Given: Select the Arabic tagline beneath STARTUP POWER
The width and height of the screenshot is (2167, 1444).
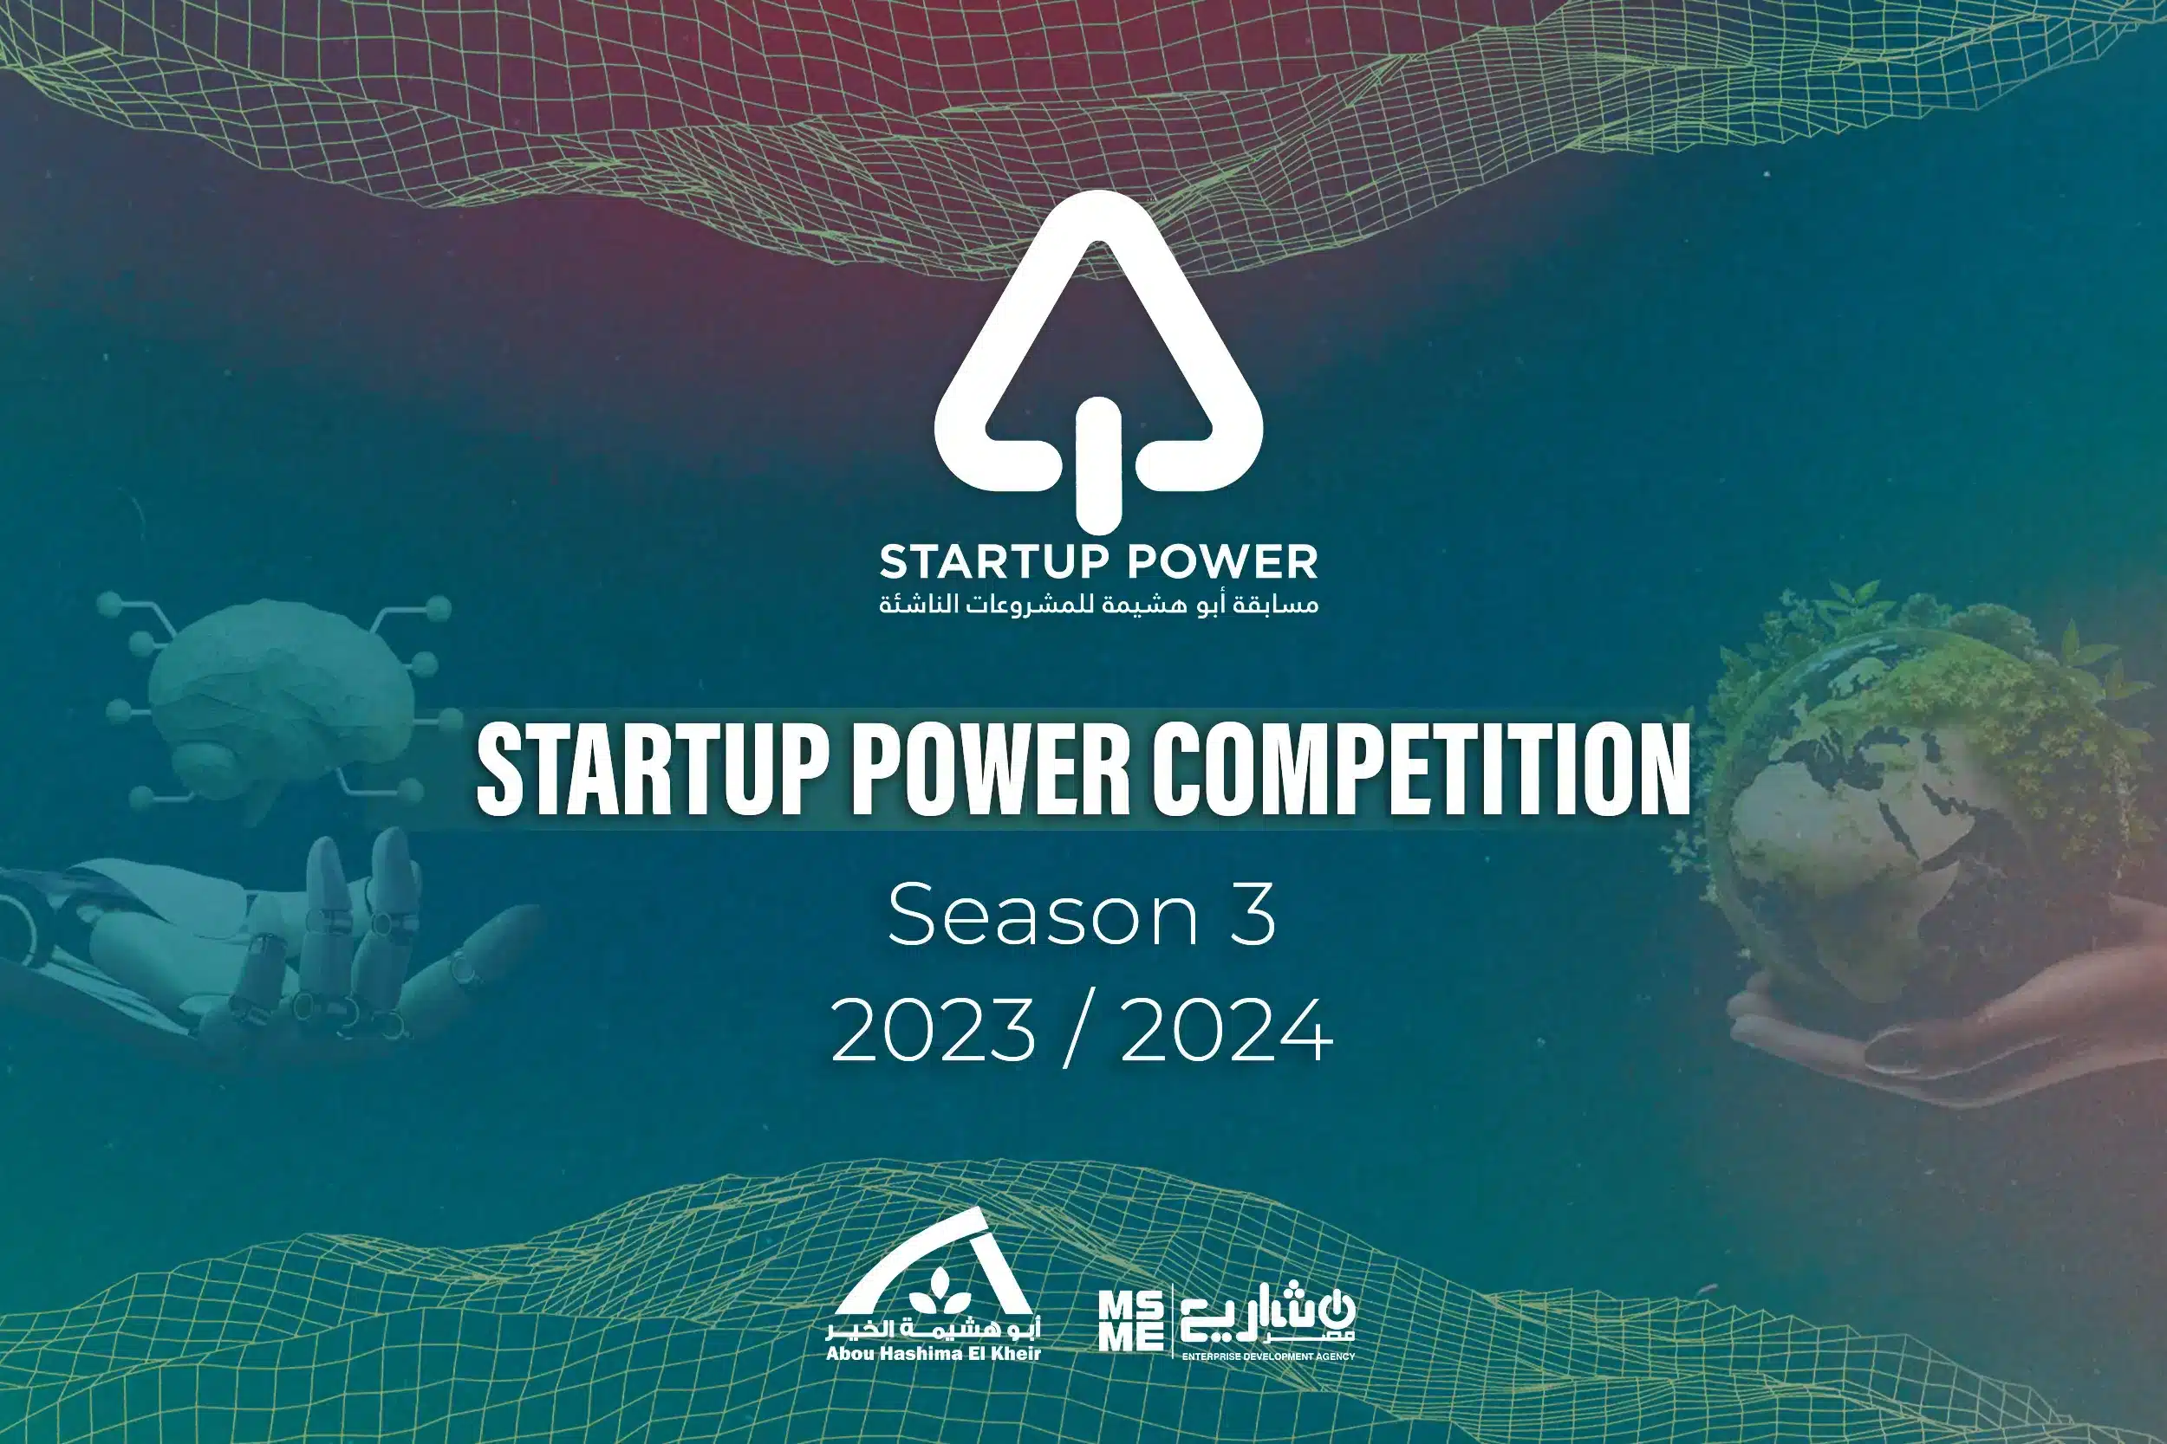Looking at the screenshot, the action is coord(1098,604).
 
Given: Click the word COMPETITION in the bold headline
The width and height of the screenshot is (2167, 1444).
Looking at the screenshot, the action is coord(1422,769).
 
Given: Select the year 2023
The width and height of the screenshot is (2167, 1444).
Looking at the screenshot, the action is coord(934,1030).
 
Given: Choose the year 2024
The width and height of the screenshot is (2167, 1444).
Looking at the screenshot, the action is coord(1227,1030).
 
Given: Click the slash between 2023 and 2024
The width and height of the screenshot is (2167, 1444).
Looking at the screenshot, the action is coord(1078,1032).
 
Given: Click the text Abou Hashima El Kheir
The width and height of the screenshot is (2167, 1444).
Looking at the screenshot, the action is coord(934,1354).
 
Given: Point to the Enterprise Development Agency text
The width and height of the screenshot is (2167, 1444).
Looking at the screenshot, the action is coord(1268,1357).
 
